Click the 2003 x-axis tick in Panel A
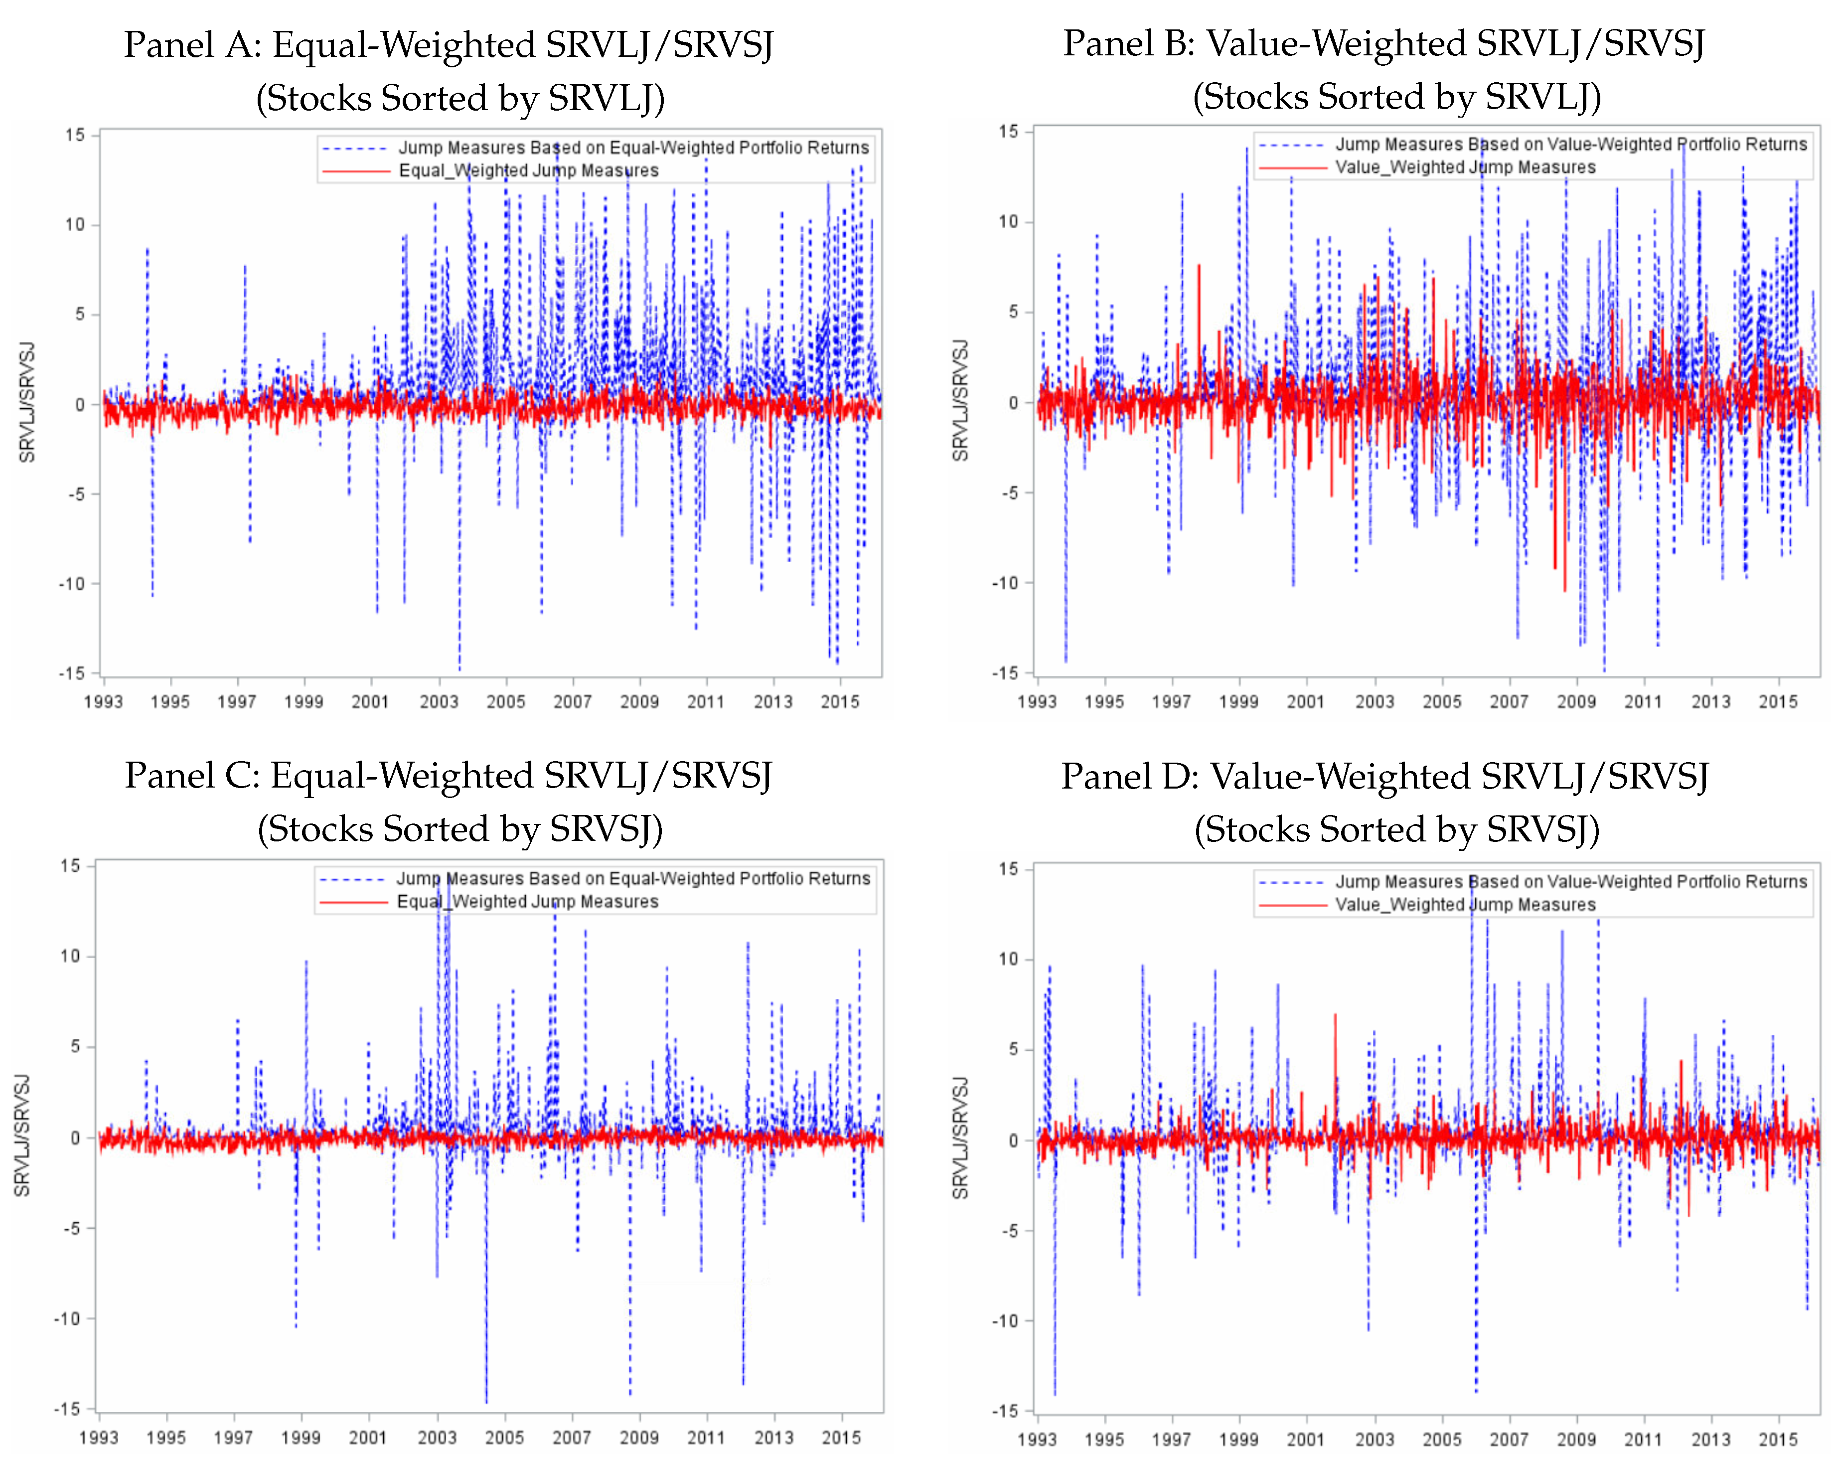(x=438, y=701)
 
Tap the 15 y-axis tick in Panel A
(x=75, y=135)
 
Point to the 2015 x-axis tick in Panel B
(x=1778, y=701)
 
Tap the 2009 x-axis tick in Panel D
(x=1576, y=1439)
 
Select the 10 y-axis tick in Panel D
(x=1009, y=959)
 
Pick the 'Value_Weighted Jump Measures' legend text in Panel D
(x=1465, y=905)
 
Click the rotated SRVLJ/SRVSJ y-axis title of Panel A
(x=27, y=402)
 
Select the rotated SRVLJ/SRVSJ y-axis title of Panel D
(x=961, y=1138)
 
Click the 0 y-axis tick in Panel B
(x=1013, y=402)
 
